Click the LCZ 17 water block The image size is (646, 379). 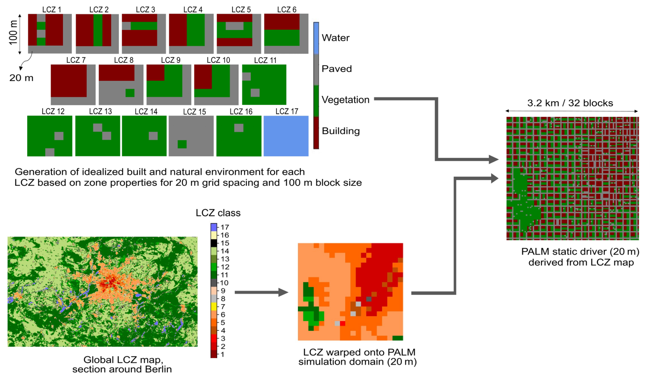coord(286,136)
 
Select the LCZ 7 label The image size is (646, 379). coord(76,60)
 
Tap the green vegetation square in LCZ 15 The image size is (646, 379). coord(182,144)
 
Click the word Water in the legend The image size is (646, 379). coord(335,38)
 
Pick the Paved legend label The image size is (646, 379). coord(336,69)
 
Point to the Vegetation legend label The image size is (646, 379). coord(345,100)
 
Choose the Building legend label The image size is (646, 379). coord(340,131)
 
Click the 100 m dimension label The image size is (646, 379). coord(13,32)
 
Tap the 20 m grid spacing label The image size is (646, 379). coord(21,78)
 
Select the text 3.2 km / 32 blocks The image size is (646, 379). coord(570,103)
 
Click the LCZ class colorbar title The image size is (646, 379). coord(218,213)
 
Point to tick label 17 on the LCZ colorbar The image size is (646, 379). coord(224,227)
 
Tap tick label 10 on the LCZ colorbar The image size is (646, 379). coord(224,283)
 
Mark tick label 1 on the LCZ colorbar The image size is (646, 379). coord(223,354)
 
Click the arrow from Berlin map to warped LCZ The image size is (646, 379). coord(261,292)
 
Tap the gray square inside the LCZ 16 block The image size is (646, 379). coord(239,128)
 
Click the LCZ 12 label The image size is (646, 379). coord(53,111)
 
